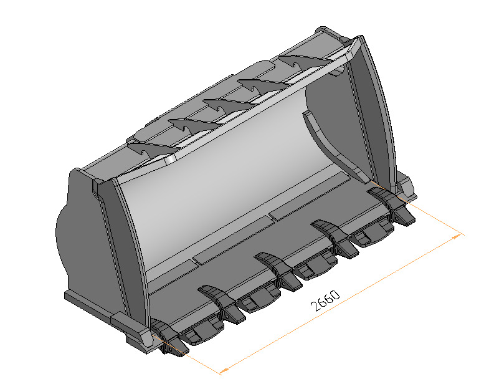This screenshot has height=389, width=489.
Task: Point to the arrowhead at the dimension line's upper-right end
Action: [x=459, y=235]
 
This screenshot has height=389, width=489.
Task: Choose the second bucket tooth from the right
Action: [x=336, y=237]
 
